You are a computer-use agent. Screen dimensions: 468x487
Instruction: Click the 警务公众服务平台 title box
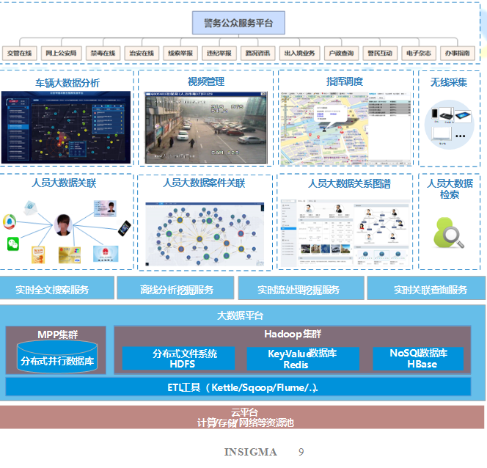[243, 23]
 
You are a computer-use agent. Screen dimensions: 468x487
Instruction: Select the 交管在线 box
[21, 53]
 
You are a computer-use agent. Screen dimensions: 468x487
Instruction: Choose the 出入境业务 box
[299, 53]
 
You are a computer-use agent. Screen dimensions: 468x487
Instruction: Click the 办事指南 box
[458, 53]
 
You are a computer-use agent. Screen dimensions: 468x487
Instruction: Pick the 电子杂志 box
[419, 53]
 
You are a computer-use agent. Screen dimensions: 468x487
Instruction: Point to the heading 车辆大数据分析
[67, 82]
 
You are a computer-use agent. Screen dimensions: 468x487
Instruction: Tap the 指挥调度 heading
[345, 81]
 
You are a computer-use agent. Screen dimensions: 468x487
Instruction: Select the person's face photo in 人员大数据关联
[63, 224]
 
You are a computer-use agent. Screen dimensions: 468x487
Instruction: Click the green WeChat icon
[13, 243]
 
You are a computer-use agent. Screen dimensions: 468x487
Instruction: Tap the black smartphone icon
[124, 228]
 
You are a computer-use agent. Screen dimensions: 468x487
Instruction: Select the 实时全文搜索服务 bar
[57, 289]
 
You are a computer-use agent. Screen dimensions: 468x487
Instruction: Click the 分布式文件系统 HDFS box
[179, 358]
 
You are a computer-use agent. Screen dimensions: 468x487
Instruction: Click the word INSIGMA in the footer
[251, 452]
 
